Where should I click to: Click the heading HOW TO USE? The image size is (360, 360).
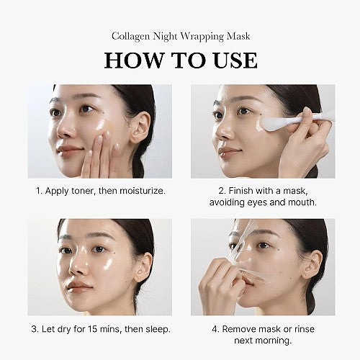tap(180, 60)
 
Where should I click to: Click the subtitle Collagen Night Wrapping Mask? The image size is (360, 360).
tap(180, 35)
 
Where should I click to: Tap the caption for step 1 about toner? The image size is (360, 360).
tap(100, 191)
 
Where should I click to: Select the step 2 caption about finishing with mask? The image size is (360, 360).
tap(263, 197)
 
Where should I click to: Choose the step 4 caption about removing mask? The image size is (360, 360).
tap(263, 334)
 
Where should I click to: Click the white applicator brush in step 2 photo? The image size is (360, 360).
tap(288, 121)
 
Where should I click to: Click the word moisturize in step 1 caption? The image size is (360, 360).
tap(140, 191)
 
